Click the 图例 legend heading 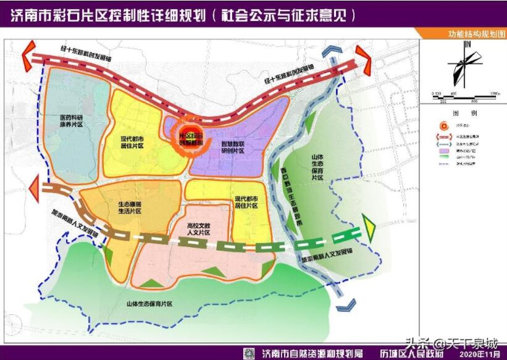[464, 114]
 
